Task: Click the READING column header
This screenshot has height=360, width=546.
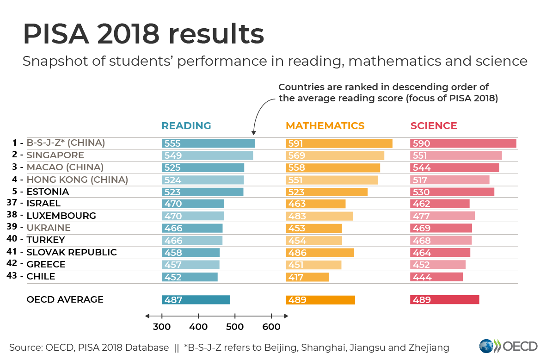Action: click(186, 126)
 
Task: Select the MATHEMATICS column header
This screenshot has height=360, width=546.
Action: click(325, 126)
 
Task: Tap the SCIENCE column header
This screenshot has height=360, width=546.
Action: click(434, 126)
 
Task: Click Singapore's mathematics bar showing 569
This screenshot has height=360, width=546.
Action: click(335, 155)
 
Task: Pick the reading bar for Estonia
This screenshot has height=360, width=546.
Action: click(202, 192)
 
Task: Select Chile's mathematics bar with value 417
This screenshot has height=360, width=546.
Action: click(307, 277)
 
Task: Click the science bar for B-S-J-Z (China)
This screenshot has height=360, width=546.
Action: click(463, 143)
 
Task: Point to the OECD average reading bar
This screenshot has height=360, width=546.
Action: click(196, 300)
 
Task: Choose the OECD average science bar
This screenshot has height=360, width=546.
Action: click(444, 300)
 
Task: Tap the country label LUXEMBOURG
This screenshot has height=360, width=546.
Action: click(61, 216)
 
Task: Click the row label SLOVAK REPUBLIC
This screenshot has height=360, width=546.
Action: click(72, 252)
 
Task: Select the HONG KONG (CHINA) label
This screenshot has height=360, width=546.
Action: click(77, 180)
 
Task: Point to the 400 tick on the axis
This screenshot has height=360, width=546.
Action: click(198, 327)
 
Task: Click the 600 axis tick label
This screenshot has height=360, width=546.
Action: click(271, 327)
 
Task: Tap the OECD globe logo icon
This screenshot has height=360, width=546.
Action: click(486, 347)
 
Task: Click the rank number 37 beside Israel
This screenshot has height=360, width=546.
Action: click(12, 203)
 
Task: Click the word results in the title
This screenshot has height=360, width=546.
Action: click(216, 34)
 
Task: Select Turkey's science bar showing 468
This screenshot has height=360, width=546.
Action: click(441, 240)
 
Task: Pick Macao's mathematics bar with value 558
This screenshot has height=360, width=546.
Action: click(333, 168)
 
